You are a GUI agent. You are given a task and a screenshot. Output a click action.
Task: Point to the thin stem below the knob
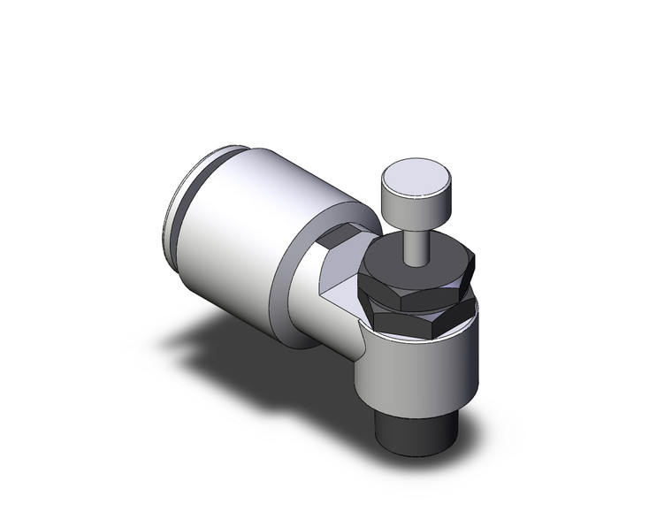413,243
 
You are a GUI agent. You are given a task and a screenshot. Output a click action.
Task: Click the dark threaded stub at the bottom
414,431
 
